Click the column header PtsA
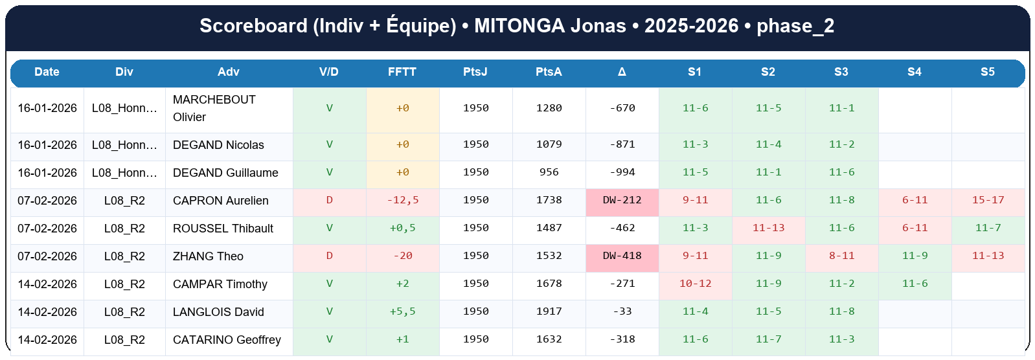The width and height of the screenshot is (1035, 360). (549, 72)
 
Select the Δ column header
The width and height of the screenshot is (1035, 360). (622, 72)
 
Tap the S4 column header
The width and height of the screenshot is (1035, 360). (914, 72)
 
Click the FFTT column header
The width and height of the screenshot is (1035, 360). (402, 72)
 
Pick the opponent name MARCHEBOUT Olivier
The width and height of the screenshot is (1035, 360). (214, 108)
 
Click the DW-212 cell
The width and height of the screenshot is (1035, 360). (622, 200)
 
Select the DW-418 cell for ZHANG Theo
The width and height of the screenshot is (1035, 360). (622, 256)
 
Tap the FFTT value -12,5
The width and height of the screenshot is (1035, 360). (402, 200)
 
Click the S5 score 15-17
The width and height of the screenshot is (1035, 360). (988, 200)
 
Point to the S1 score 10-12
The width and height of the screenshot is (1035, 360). (695, 284)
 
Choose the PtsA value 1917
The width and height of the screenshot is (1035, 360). (549, 311)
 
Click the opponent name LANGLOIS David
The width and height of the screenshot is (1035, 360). (218, 312)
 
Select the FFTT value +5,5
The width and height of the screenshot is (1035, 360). (402, 311)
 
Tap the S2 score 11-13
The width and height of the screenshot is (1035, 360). (768, 228)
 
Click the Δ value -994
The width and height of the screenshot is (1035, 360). (622, 172)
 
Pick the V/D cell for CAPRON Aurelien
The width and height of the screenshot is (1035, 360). (329, 200)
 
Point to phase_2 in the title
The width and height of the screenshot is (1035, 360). (795, 26)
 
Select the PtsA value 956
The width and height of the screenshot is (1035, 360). (549, 172)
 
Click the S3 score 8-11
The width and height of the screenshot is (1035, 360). (841, 256)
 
